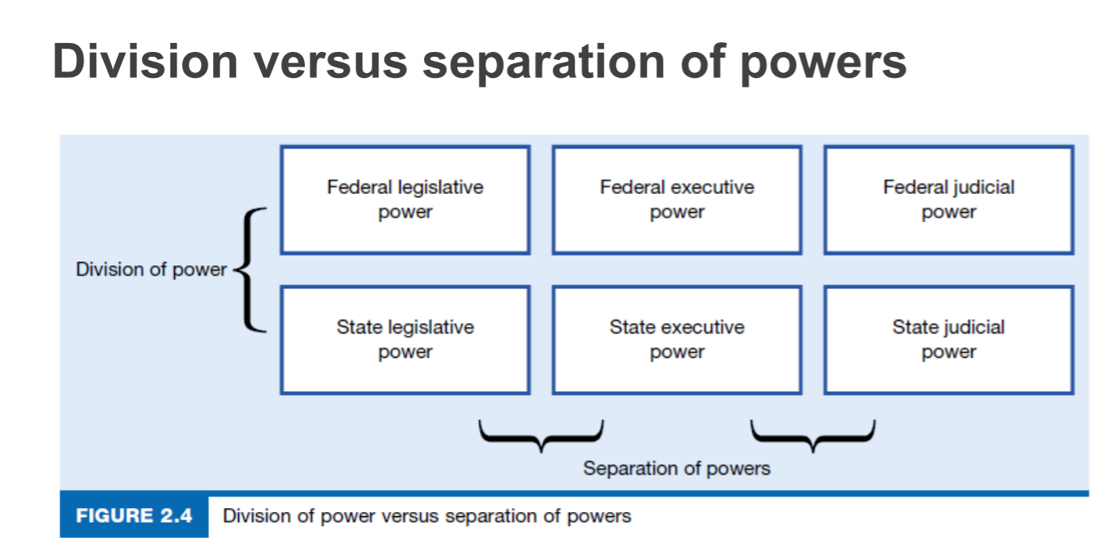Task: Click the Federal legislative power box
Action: pos(404,200)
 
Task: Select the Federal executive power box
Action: pos(677,200)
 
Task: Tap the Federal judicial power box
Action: pos(948,200)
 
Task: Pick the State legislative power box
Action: pos(404,339)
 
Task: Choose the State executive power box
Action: pos(677,339)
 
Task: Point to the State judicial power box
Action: pos(948,339)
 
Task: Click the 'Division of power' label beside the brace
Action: pos(151,269)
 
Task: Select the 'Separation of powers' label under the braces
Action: pos(677,468)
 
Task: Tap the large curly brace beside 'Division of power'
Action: pos(250,269)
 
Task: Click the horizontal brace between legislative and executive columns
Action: pos(541,435)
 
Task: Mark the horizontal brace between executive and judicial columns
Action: pos(813,435)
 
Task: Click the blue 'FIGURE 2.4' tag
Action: pos(134,515)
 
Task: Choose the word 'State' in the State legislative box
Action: pos(360,327)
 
